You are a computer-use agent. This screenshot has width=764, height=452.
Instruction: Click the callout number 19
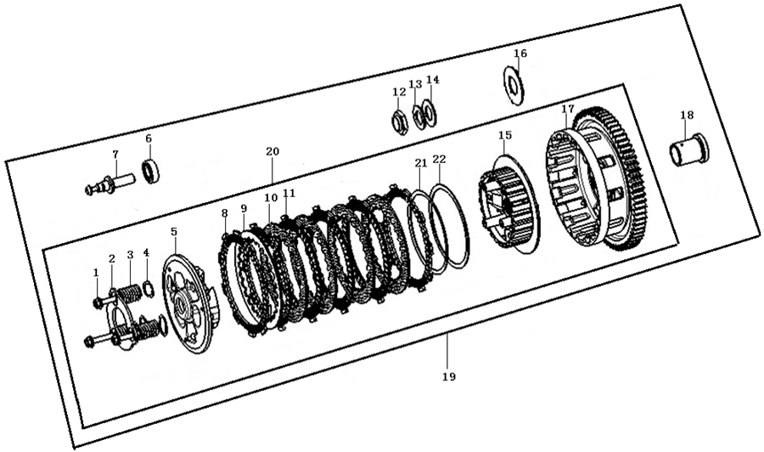(449, 376)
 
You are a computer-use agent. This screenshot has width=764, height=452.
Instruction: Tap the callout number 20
(272, 151)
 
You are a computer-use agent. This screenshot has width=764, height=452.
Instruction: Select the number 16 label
(520, 54)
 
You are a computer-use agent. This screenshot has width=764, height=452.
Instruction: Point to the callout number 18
(687, 115)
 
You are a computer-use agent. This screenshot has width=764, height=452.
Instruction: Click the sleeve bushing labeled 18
(689, 150)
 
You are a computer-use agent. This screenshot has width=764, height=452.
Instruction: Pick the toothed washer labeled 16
(514, 85)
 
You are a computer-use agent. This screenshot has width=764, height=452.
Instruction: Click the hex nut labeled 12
(400, 121)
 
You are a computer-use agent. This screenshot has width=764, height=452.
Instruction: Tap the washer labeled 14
(430, 112)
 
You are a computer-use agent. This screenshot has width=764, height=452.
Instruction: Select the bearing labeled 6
(151, 171)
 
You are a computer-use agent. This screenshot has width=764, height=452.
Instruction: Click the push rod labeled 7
(111, 184)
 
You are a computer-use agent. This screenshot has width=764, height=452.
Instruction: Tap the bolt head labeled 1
(98, 303)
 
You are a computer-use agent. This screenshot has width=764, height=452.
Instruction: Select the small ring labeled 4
(149, 289)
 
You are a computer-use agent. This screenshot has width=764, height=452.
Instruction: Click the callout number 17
(568, 109)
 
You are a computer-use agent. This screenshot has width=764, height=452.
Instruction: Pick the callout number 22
(439, 160)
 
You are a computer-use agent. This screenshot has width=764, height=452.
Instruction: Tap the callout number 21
(420, 163)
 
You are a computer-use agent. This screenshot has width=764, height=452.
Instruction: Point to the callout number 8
(224, 213)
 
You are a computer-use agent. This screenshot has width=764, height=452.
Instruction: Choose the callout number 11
(289, 193)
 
